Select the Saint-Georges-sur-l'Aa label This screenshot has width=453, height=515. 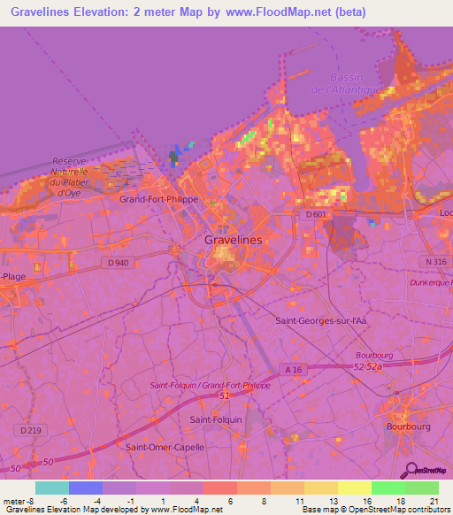pos(322,320)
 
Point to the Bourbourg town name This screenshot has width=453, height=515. pos(408,425)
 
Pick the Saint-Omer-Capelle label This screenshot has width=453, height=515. pos(165,447)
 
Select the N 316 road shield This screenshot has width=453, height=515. pos(434,262)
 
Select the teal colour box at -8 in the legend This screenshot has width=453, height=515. pos(52,488)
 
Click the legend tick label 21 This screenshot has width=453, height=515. pos(434,500)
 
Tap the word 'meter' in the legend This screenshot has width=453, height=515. pos(15,500)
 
